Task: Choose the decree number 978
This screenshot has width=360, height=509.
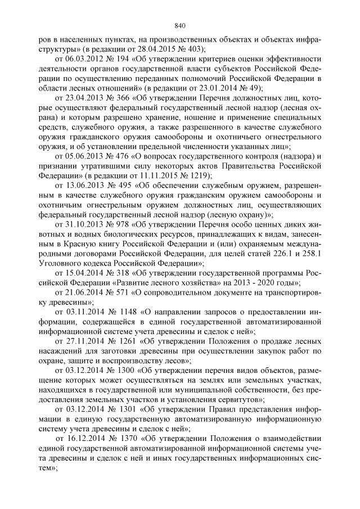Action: point(125,224)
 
